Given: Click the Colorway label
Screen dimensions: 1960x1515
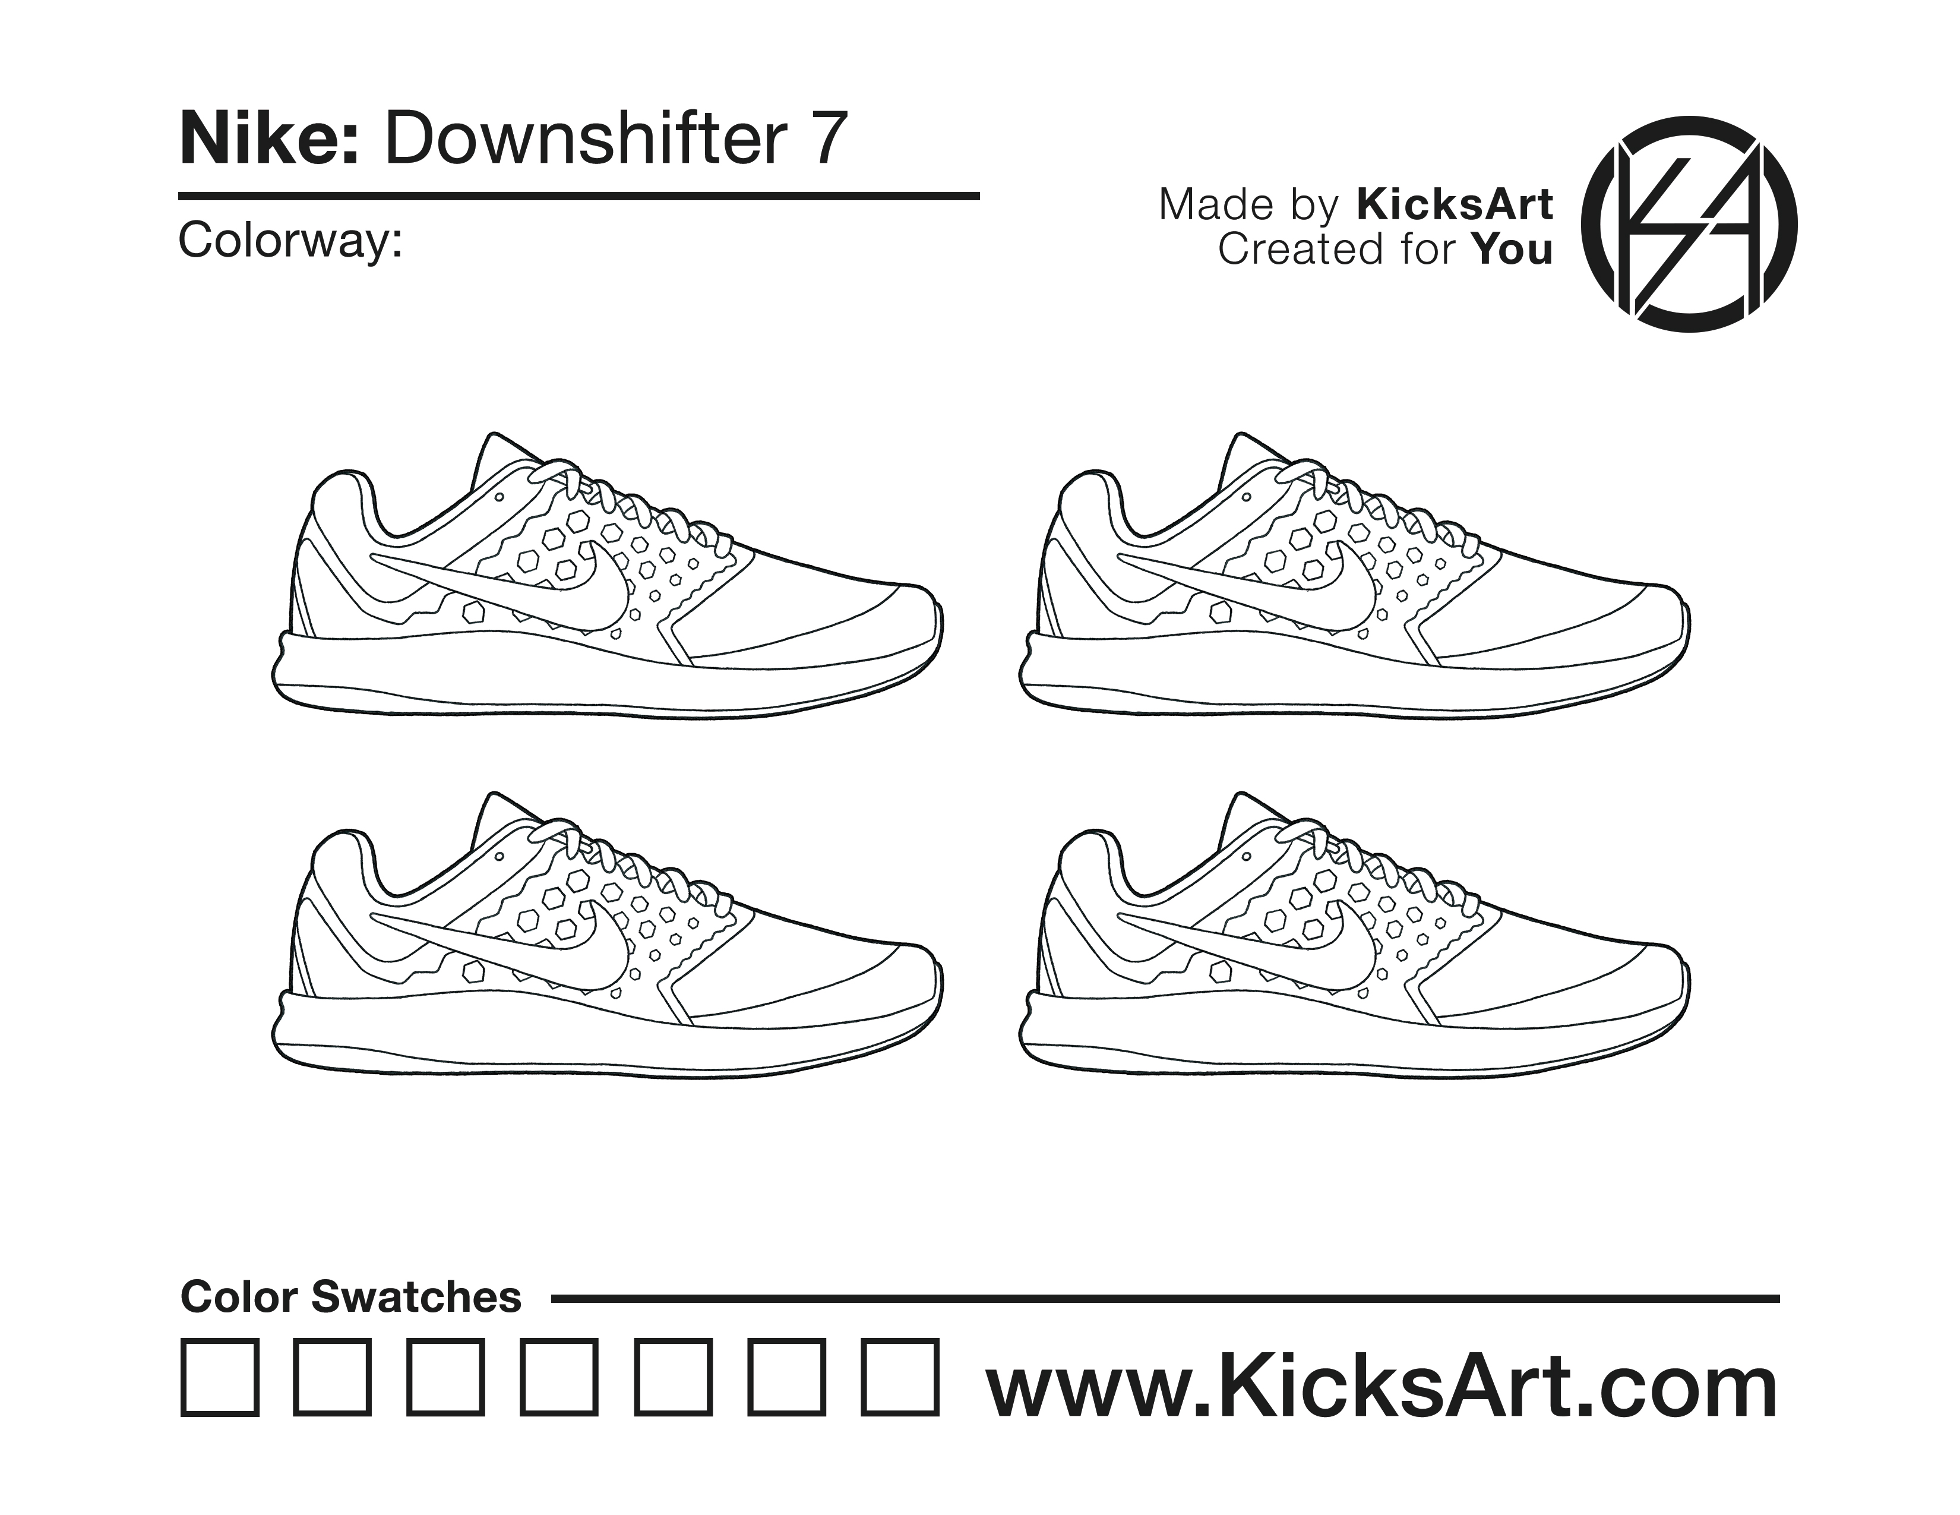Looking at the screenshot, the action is coord(290,241).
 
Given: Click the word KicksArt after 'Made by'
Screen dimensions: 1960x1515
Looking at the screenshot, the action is coord(1454,204).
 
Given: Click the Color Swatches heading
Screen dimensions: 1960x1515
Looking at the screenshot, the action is coord(351,1297).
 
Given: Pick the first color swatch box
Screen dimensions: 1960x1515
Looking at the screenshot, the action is coord(220,1378).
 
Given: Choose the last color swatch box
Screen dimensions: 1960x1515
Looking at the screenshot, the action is coord(900,1378).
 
